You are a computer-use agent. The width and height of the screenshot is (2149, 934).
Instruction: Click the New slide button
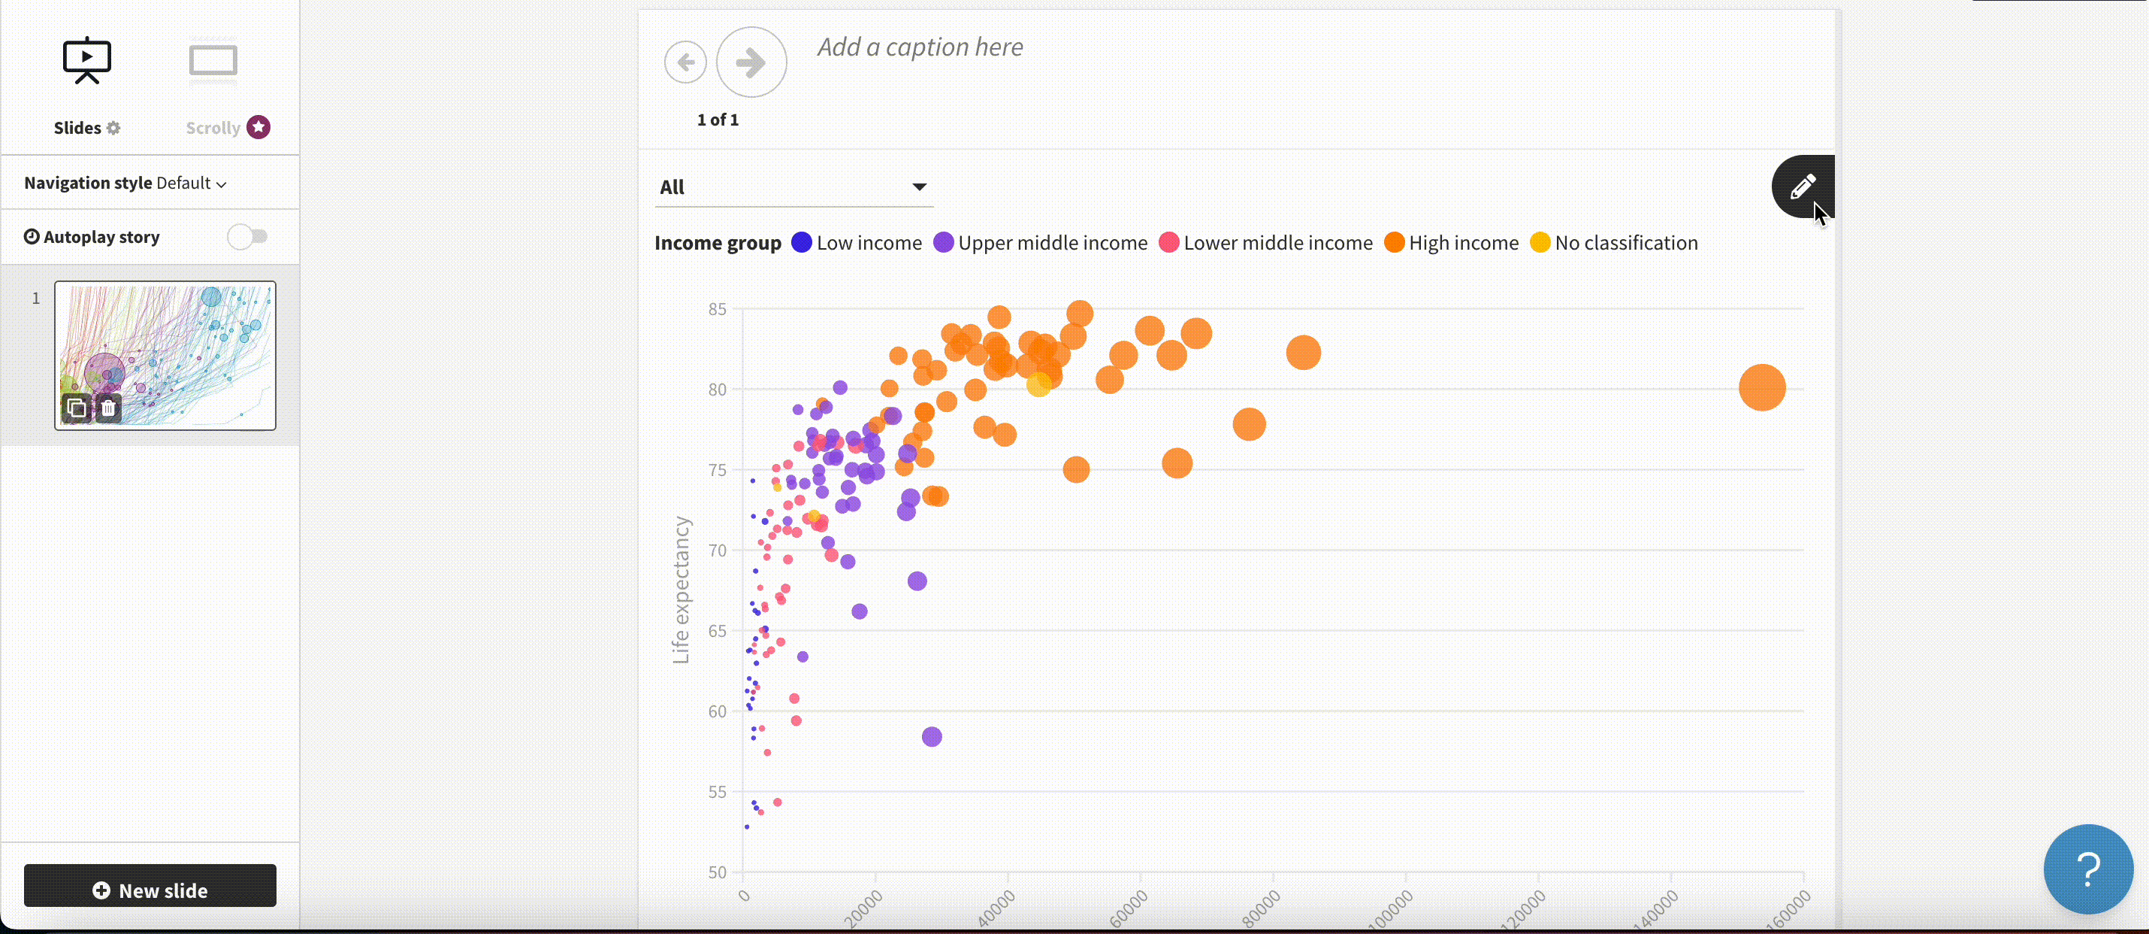(150, 890)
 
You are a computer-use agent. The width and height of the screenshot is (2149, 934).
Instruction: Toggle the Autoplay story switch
(248, 237)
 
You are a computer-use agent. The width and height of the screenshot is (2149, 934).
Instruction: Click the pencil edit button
(1802, 186)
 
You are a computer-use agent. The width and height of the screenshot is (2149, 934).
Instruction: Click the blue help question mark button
(2087, 869)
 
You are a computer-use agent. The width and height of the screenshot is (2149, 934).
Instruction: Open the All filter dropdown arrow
(918, 187)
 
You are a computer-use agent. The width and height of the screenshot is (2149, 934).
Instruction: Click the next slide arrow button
(751, 62)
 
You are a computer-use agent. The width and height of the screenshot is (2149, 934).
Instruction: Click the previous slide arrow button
(685, 62)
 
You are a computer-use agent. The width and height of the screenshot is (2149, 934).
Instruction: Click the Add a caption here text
(919, 47)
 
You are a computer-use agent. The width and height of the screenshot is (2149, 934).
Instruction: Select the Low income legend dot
(801, 243)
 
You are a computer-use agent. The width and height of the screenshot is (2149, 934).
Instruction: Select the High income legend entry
(1452, 243)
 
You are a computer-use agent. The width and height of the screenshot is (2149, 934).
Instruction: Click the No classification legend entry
(1615, 243)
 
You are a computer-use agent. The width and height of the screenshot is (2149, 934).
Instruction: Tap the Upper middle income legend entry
(1041, 243)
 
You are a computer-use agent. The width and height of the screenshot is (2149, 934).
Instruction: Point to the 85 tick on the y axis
(717, 310)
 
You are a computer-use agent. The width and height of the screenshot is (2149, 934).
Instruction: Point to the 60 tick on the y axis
(717, 712)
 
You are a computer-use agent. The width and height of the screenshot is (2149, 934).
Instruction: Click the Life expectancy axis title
(681, 590)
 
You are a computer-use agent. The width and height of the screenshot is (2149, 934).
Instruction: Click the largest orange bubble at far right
(1761, 387)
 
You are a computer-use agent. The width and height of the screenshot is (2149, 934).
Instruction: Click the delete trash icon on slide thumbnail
(108, 408)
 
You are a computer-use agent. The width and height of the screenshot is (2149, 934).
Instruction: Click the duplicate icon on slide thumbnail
(76, 408)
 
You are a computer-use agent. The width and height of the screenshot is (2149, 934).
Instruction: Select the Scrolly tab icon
(213, 62)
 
